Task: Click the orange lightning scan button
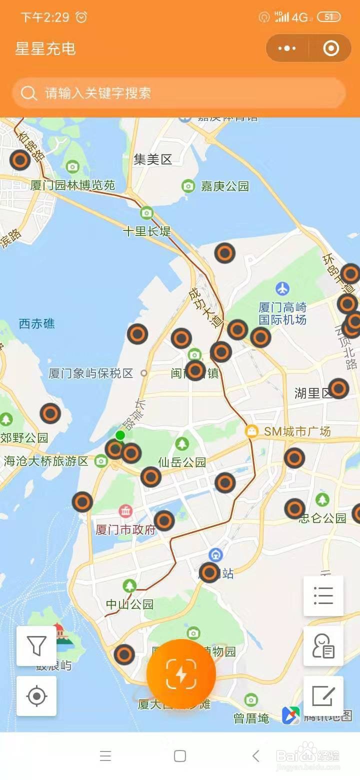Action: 181,673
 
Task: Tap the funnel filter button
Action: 36,645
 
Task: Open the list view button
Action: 323,595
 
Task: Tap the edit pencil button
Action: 323,695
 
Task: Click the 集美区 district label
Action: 153,159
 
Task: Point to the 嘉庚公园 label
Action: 224,186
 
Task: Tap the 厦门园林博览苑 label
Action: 72,185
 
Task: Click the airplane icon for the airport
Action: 282,288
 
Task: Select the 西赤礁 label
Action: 37,324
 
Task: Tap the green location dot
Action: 120,435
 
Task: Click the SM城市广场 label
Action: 297,431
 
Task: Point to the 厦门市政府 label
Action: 126,529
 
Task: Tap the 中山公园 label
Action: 129,604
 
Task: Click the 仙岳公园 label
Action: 182,462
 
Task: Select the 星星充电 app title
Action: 45,48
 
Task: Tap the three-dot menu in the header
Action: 287,48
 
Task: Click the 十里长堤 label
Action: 147,231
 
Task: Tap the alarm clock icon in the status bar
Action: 81,17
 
